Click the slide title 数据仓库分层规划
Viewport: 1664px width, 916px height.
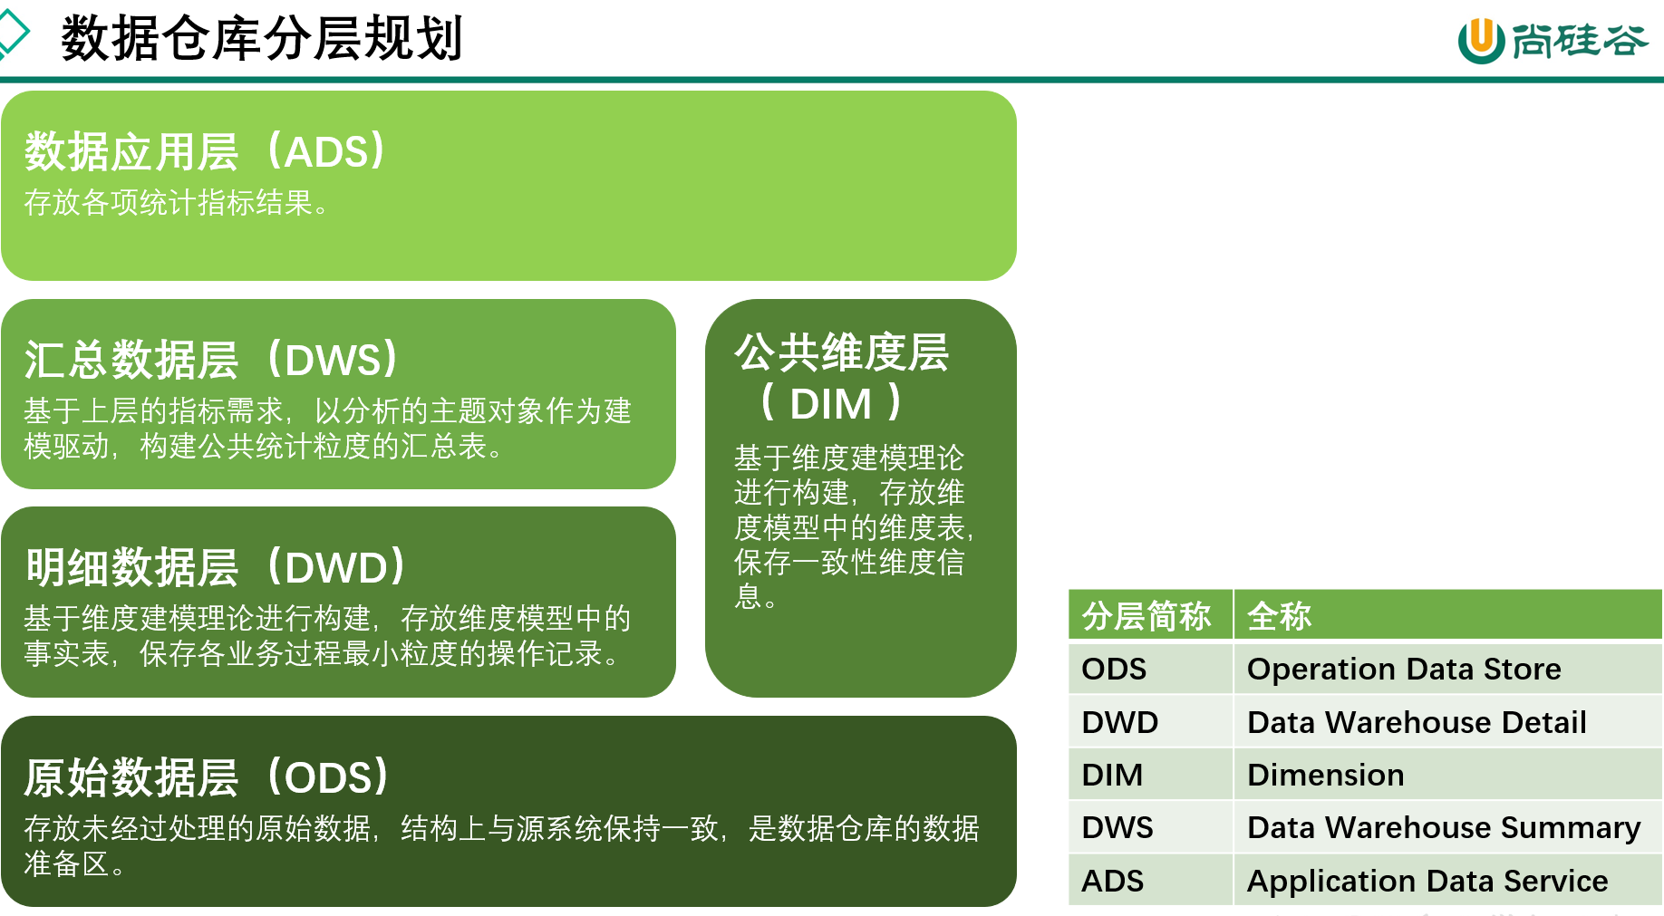262,38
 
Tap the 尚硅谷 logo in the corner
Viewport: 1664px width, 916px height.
1553,40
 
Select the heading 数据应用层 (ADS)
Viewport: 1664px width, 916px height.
206,151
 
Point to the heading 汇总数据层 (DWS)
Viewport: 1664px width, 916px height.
212,360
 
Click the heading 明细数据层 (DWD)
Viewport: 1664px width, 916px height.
216,568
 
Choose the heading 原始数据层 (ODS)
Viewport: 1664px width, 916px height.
208,777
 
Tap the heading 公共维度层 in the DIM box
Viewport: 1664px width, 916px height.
841,352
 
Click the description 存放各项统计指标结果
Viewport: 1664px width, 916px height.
176,202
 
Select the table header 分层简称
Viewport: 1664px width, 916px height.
1146,616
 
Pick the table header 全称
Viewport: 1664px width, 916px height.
1279,616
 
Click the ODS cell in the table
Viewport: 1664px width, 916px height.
1114,669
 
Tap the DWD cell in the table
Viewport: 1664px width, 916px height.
1120,722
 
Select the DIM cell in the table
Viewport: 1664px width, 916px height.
1112,775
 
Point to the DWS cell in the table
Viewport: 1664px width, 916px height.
1117,827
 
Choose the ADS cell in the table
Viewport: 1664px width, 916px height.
1113,881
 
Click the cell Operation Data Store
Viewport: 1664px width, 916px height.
1404,669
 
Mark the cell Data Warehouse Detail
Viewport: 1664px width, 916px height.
1417,722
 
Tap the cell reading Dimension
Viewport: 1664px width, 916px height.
1325,775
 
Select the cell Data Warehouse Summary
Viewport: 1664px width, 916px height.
1444,827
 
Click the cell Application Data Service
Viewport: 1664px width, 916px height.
1427,881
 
